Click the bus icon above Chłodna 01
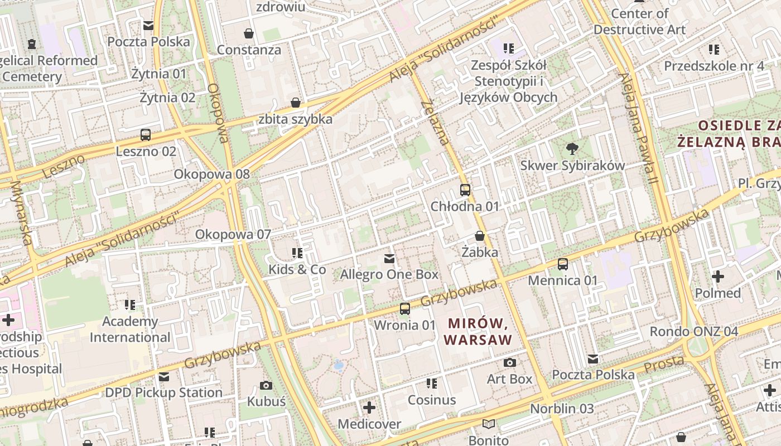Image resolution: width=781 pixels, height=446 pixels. (465, 190)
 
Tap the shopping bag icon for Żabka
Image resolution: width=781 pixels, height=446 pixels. (480, 236)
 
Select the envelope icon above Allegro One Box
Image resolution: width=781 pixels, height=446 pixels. (389, 259)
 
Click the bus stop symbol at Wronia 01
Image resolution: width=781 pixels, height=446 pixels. (405, 308)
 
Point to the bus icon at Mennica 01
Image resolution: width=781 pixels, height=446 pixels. (563, 264)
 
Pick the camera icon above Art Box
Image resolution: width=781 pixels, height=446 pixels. (509, 363)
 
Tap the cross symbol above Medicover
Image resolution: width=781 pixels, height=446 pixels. (369, 408)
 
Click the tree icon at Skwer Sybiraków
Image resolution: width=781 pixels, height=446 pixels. (572, 149)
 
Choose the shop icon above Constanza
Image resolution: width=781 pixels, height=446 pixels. (249, 33)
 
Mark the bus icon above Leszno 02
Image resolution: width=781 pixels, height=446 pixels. (146, 135)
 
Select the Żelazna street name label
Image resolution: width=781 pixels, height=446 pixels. (435, 122)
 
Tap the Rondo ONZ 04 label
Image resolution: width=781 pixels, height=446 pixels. (694, 332)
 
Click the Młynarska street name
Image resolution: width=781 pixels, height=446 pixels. (22, 212)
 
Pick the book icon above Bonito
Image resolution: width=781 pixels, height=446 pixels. (489, 424)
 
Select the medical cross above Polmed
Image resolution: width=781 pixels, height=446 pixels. (718, 277)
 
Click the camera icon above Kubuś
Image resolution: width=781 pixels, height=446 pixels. (266, 385)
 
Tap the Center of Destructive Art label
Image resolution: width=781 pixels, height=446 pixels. (639, 21)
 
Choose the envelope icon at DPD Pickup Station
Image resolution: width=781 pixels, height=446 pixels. (164, 377)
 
